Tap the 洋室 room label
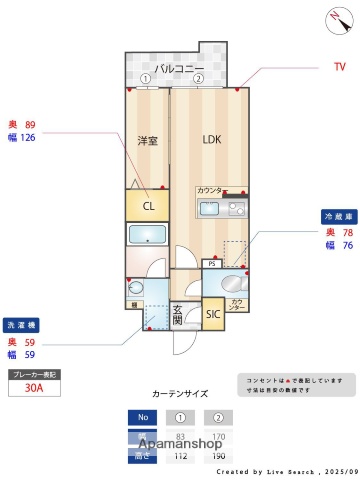(148, 141)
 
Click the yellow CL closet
(148, 207)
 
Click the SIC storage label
(212, 314)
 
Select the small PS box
(211, 265)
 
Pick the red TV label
(339, 67)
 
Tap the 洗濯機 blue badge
(21, 326)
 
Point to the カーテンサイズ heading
(180, 394)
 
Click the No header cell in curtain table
(142, 417)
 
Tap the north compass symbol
(333, 17)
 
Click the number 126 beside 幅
(28, 138)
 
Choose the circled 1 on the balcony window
(145, 78)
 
